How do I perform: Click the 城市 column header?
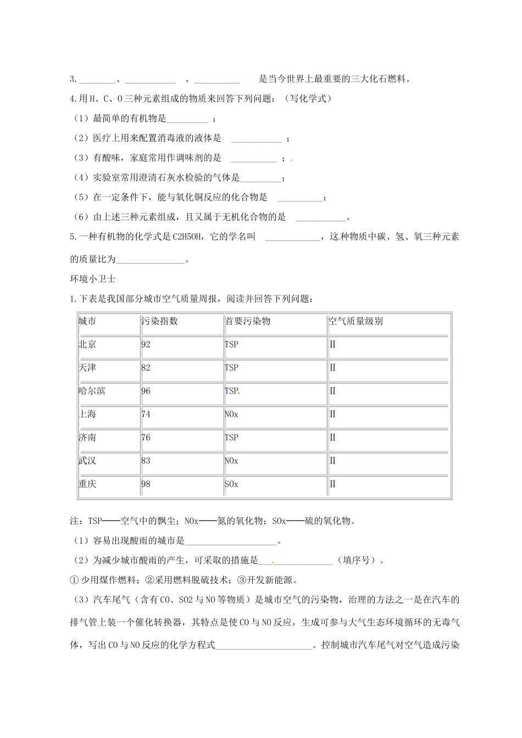(x=87, y=321)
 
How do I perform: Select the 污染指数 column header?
(x=160, y=321)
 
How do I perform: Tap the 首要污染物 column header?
(x=248, y=321)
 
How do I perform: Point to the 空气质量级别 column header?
(x=356, y=321)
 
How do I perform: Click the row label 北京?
(x=87, y=344)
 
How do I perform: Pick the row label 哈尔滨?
(x=92, y=391)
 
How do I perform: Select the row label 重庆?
(x=87, y=484)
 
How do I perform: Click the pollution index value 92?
(x=146, y=344)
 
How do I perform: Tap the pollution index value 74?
(x=146, y=414)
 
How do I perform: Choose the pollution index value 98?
(x=146, y=484)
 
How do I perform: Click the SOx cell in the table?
(x=231, y=484)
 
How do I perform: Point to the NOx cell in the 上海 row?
(x=231, y=414)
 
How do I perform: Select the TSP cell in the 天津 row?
(x=231, y=367)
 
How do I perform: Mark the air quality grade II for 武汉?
(x=332, y=461)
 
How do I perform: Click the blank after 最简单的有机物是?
(x=187, y=119)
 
